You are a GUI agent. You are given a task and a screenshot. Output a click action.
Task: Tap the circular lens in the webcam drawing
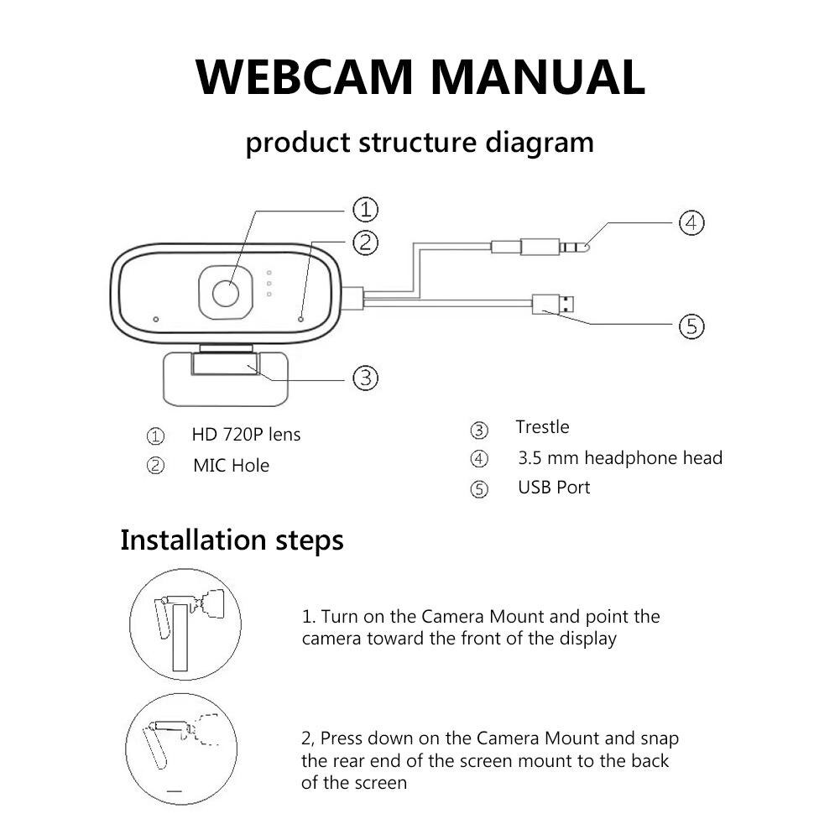(225, 294)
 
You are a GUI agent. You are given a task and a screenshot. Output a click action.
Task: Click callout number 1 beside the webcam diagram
(364, 209)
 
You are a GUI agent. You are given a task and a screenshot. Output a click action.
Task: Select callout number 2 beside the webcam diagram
(364, 243)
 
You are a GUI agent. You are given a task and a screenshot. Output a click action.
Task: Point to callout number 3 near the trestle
(364, 378)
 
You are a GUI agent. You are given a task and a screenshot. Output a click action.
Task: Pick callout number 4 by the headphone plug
(691, 223)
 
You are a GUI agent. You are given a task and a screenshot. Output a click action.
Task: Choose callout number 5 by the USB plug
(691, 326)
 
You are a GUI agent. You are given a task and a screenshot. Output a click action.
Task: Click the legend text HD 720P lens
(246, 435)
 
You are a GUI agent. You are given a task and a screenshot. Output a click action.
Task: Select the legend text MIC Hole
(231, 465)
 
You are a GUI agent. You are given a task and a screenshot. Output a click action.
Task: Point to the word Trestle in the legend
(542, 427)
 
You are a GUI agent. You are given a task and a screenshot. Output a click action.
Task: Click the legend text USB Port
(554, 488)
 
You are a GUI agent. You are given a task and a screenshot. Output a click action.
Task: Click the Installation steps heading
(232, 540)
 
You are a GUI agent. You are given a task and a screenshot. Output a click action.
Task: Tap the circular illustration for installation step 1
(185, 624)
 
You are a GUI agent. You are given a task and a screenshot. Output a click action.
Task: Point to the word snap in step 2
(660, 738)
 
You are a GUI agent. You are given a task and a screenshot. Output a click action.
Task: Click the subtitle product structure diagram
(420, 142)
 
